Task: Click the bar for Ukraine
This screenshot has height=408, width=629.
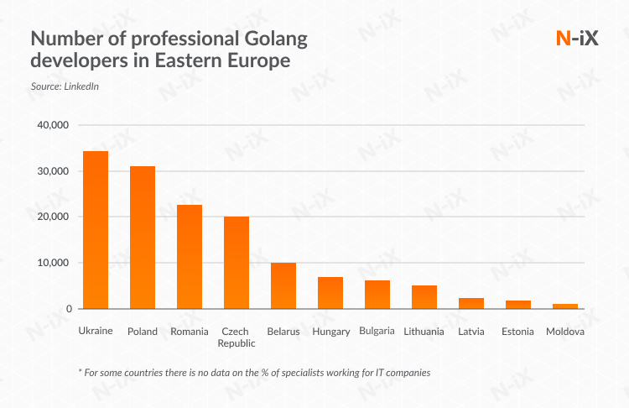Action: pyautogui.click(x=96, y=230)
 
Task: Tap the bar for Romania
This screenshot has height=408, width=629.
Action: pyautogui.click(x=190, y=257)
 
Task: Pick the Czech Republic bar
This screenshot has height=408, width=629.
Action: pyautogui.click(x=237, y=263)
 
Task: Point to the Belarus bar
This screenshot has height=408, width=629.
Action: pyautogui.click(x=283, y=286)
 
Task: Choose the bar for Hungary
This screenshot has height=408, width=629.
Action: pyautogui.click(x=330, y=293)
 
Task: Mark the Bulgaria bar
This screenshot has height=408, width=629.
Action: pyautogui.click(x=377, y=295)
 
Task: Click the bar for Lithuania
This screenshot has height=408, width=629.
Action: pyautogui.click(x=424, y=297)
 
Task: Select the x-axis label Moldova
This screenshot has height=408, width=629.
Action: pyautogui.click(x=565, y=332)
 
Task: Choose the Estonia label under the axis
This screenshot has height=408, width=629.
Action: pyautogui.click(x=518, y=332)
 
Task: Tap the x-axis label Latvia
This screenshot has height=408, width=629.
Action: pyautogui.click(x=471, y=332)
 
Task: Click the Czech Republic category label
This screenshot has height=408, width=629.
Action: pyautogui.click(x=237, y=337)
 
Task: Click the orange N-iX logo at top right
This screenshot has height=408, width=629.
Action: pyautogui.click(x=578, y=39)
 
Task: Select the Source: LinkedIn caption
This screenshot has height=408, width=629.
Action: pyautogui.click(x=59, y=86)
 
